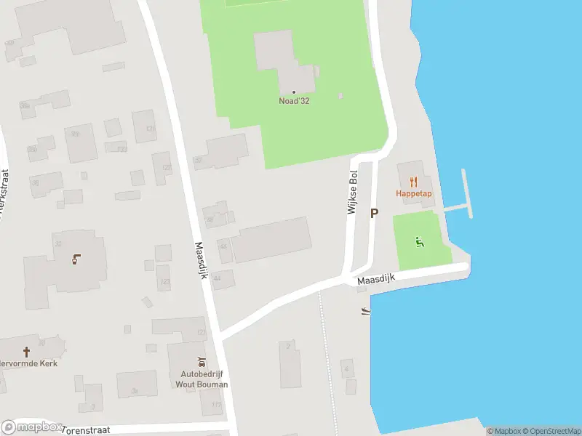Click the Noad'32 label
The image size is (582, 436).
[294, 101]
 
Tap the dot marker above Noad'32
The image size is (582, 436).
[294, 92]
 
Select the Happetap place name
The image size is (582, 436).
[413, 193]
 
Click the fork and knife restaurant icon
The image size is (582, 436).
[413, 182]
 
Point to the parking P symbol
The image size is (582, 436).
[375, 213]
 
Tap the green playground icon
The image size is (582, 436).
[418, 241]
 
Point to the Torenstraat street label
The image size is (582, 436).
[87, 429]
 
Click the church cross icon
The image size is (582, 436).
[27, 351]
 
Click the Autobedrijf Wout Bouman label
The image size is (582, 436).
[204, 379]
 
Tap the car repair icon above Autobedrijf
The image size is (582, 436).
[203, 362]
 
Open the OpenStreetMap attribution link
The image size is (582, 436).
[551, 431]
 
